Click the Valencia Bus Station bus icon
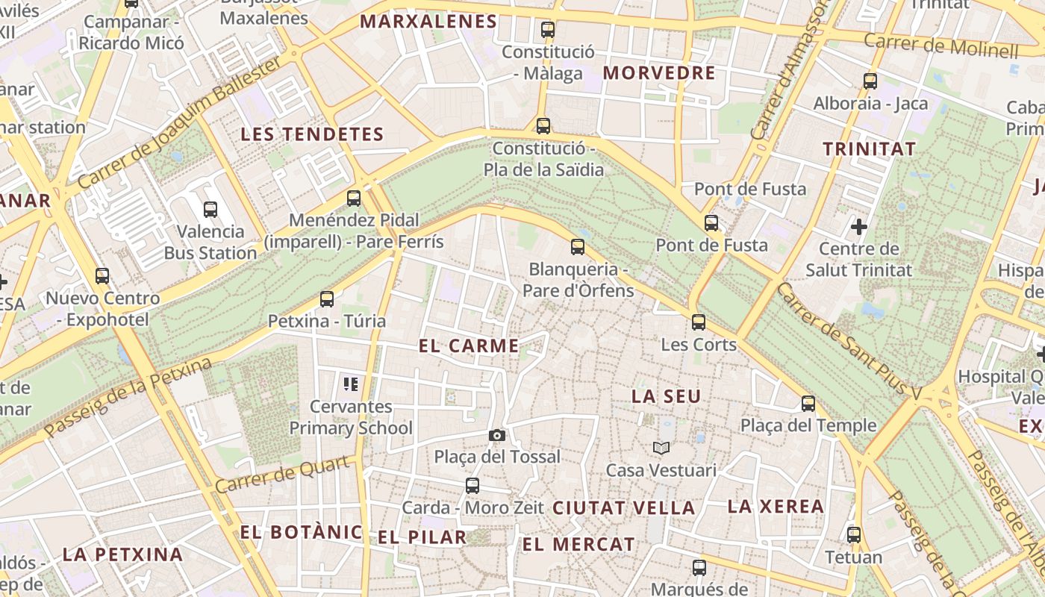(x=210, y=210)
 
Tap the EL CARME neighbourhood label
(x=469, y=346)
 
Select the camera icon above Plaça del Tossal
(x=496, y=435)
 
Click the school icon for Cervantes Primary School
(x=351, y=384)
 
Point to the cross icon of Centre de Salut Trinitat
(x=859, y=225)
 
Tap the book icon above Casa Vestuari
(x=661, y=448)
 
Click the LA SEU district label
(x=667, y=396)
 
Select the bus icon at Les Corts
(x=699, y=322)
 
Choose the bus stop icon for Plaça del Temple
(x=808, y=404)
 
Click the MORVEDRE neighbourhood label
(x=659, y=73)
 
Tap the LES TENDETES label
(x=312, y=135)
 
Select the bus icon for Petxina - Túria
(x=327, y=299)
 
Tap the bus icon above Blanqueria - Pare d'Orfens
(x=578, y=247)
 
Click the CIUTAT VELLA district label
(x=624, y=508)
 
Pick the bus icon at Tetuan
(x=854, y=535)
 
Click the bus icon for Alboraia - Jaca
(x=870, y=81)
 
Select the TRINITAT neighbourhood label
(x=869, y=149)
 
